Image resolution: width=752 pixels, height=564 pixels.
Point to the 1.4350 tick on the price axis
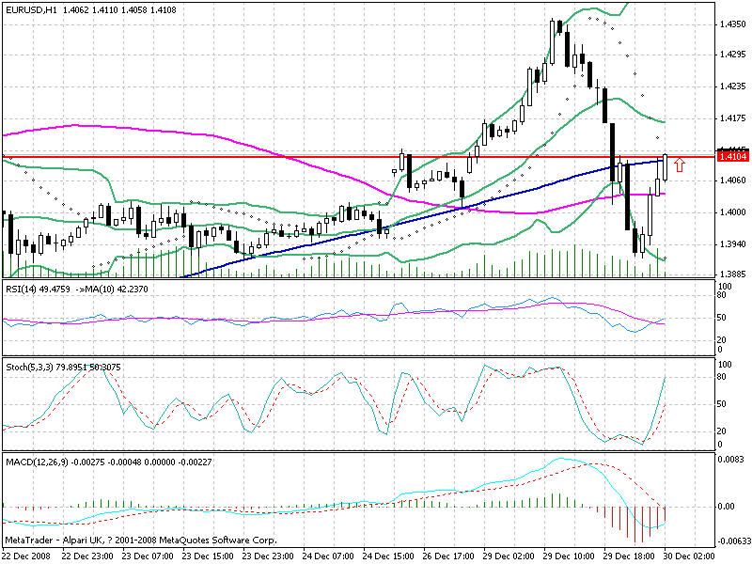click(732, 24)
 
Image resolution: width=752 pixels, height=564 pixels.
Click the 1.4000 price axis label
click(732, 212)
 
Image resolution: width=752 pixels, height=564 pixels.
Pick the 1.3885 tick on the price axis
click(732, 274)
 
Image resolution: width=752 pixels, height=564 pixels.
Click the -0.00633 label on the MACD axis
click(734, 542)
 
